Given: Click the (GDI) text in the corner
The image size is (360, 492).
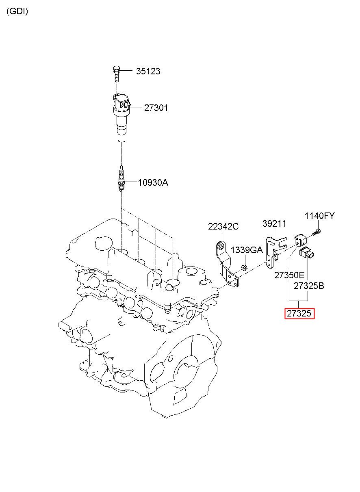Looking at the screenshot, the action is point(17,11).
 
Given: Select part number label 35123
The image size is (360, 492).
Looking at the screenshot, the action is point(148,71).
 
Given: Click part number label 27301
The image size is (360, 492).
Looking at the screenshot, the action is point(156,108).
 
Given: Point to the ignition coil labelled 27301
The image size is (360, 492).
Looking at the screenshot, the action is point(121,117).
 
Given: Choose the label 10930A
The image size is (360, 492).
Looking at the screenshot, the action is point(153,182).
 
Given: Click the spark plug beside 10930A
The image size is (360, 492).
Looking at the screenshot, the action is point(121,179).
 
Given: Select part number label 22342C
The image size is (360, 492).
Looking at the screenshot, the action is point(223,226).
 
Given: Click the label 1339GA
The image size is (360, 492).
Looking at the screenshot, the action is point(247,250).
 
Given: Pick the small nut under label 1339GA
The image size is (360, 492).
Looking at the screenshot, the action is point(244,268).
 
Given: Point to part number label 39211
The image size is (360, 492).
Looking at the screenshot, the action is point(274,223).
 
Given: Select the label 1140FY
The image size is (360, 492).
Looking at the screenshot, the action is point(319,216).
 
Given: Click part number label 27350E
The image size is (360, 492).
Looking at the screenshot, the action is point(289,275).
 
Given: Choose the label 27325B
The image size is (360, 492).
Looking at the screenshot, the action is point(309,286).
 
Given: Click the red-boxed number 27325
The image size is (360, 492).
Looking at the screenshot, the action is point(299,313).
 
